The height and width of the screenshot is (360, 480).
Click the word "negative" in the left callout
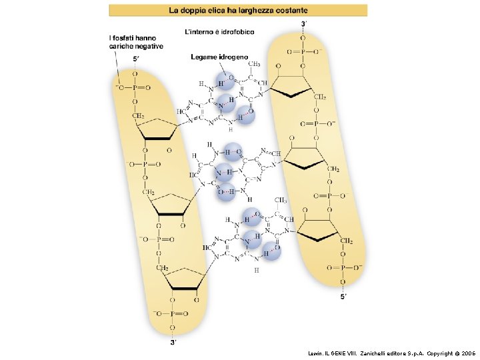(x=149, y=46)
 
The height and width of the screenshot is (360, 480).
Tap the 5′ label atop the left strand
(x=137, y=59)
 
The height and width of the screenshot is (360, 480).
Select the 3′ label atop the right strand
(x=305, y=23)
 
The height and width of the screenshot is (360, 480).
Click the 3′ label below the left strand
(x=173, y=343)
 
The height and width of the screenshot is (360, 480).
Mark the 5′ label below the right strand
(x=344, y=296)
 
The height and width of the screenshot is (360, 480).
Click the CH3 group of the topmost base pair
(x=254, y=64)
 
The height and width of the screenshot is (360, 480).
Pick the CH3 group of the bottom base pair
(x=281, y=200)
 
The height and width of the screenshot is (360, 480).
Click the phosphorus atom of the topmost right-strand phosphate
(x=302, y=50)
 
